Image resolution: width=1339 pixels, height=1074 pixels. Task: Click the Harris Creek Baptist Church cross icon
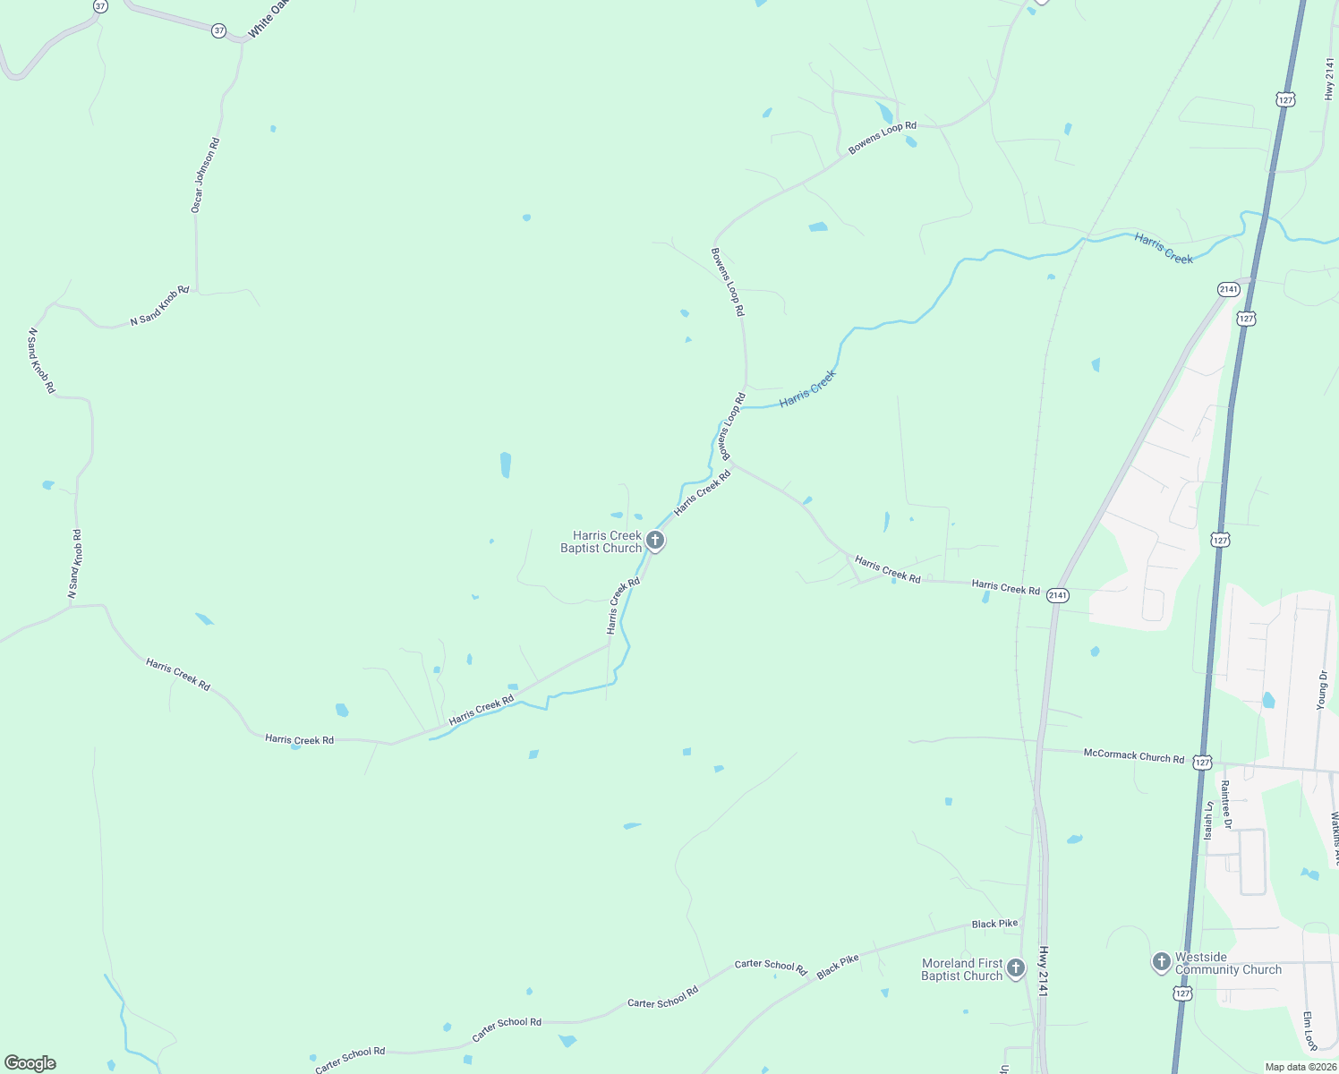click(x=655, y=540)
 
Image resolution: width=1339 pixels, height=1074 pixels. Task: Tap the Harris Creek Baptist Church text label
click(x=601, y=541)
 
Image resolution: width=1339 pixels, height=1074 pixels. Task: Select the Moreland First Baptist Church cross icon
click(x=1015, y=967)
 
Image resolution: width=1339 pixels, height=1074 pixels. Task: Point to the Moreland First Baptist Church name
click(x=962, y=969)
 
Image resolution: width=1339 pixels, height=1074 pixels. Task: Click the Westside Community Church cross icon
click(x=1161, y=962)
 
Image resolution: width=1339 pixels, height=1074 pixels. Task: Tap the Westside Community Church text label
click(x=1228, y=963)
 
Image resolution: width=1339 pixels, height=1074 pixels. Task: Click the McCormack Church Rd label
click(x=1133, y=755)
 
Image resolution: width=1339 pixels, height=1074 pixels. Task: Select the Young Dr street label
click(x=1322, y=690)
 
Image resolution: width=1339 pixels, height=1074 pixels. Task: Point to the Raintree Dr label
click(x=1225, y=805)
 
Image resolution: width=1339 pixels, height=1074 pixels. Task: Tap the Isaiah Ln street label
click(x=1207, y=820)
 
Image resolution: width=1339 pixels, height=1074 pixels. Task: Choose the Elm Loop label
click(x=1309, y=1031)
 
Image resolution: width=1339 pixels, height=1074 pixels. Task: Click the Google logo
click(x=30, y=1063)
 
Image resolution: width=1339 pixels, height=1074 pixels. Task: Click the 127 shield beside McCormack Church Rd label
click(x=1202, y=763)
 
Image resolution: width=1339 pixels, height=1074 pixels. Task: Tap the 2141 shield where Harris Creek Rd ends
click(x=1057, y=595)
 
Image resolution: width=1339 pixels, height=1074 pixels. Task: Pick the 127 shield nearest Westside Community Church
click(x=1183, y=993)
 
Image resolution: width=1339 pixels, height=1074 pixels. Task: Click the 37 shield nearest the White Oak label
click(x=219, y=30)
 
